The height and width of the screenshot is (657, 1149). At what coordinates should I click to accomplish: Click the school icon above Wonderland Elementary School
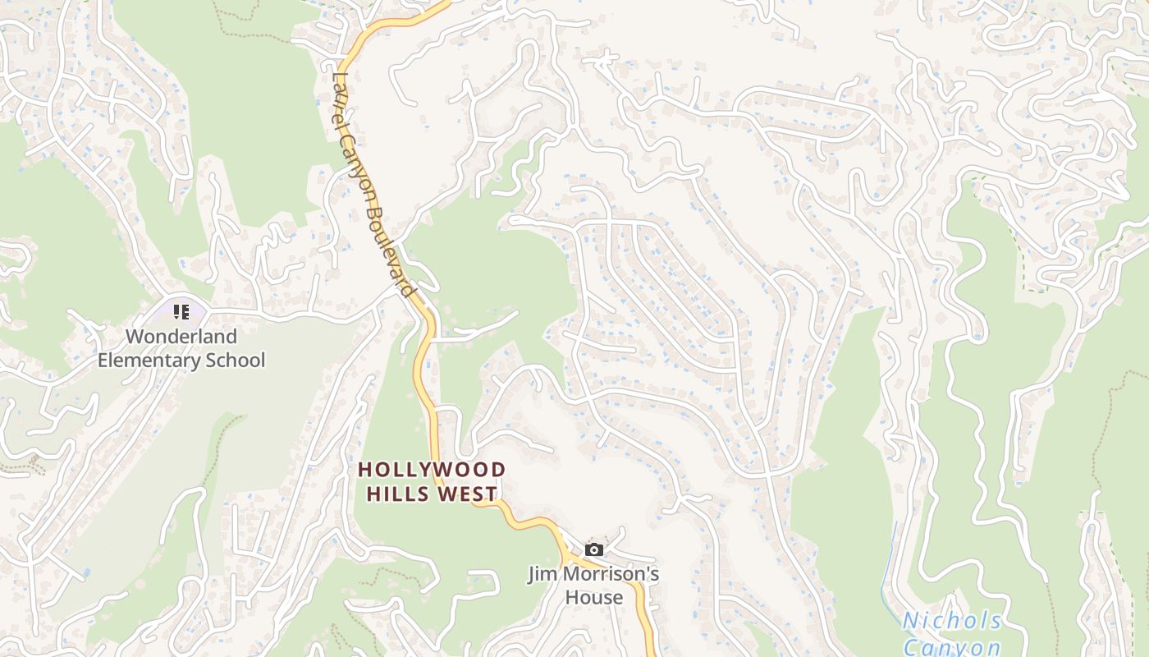click(181, 312)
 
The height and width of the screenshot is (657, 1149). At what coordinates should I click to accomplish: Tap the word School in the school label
click(237, 361)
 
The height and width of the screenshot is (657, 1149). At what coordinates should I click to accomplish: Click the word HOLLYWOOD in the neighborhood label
click(432, 470)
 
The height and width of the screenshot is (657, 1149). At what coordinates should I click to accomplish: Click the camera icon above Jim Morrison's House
click(594, 549)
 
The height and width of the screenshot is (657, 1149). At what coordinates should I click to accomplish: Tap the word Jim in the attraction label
click(542, 574)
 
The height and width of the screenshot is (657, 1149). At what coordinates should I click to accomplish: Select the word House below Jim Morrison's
click(593, 597)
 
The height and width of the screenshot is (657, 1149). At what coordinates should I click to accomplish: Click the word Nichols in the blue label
click(952, 622)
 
